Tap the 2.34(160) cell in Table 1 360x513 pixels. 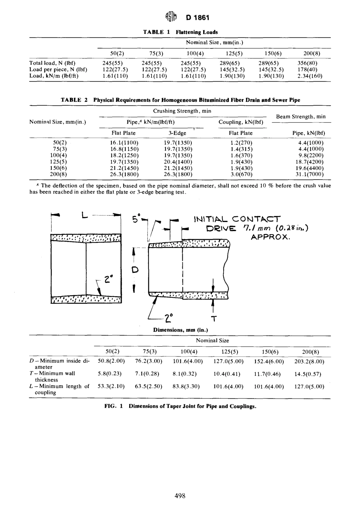308,76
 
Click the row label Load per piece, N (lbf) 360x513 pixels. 58,70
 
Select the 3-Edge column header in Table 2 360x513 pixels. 177,133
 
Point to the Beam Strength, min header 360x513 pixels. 301,117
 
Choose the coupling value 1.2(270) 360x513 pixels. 241,143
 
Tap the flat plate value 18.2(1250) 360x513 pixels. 124,155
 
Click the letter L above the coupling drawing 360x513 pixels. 85,216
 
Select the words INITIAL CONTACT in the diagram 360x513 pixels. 237,219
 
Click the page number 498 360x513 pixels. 180,496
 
